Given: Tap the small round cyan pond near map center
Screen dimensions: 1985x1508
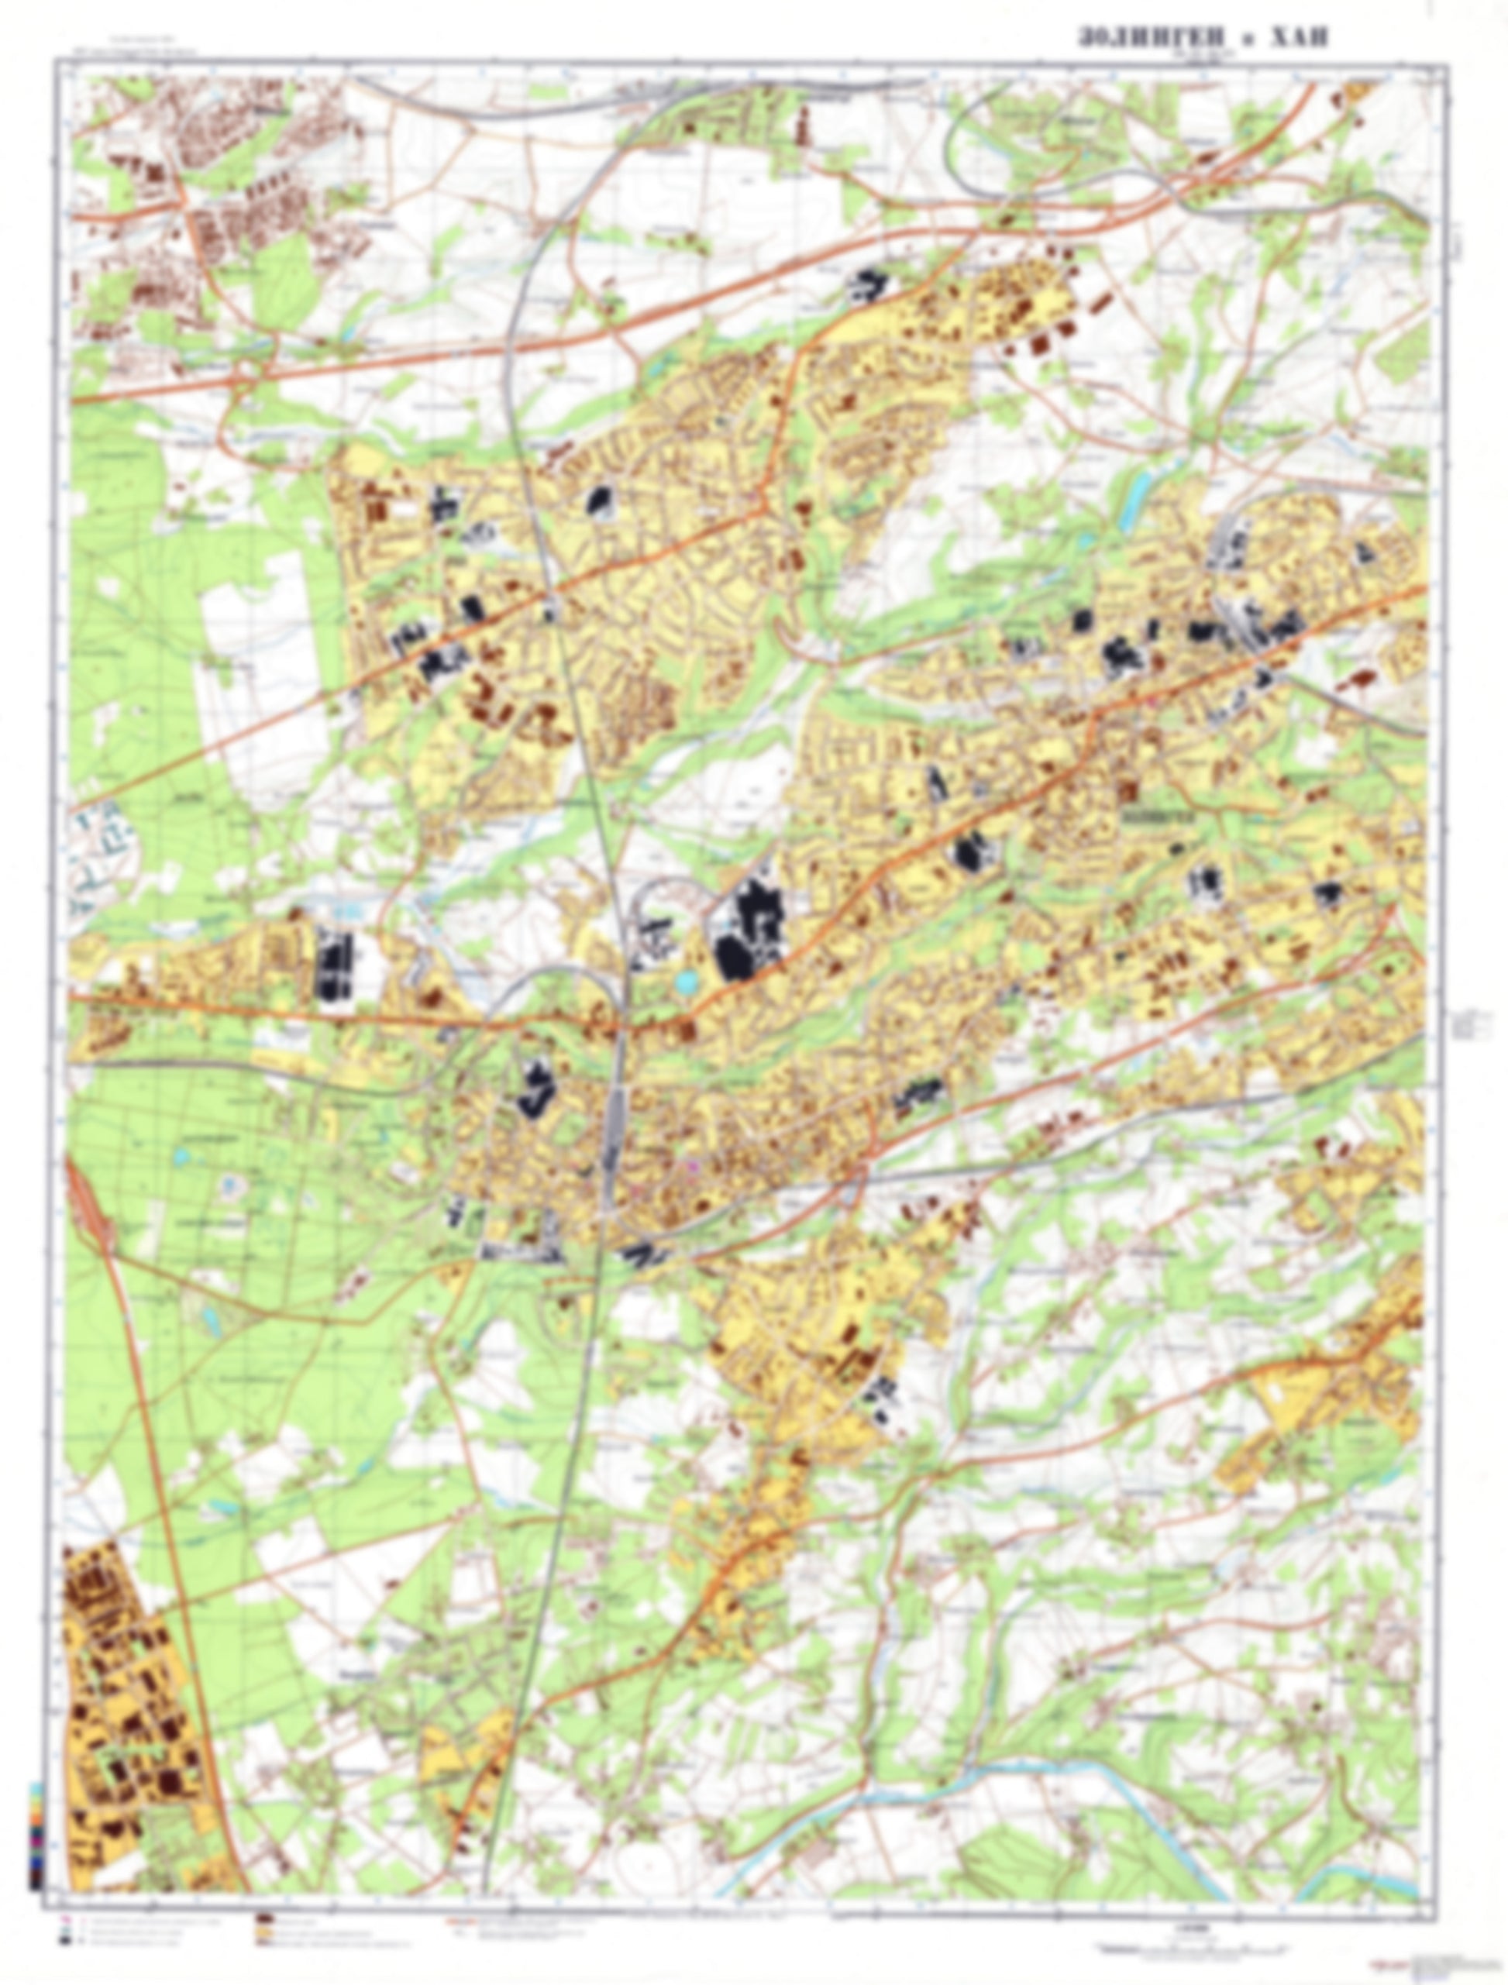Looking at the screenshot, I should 687,983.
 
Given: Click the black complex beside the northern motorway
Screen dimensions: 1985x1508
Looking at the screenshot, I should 867,284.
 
